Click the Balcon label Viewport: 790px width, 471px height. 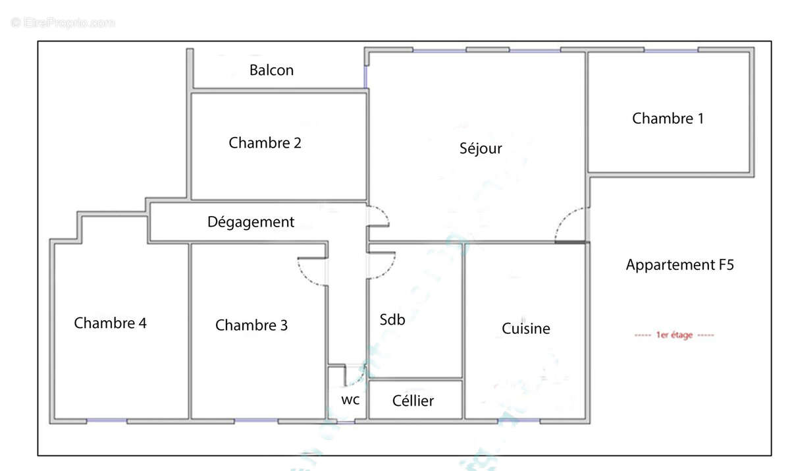[x=271, y=70]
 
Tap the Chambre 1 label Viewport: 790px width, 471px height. [x=668, y=119]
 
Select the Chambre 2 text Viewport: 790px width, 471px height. [x=265, y=142]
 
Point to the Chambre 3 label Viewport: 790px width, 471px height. [x=251, y=325]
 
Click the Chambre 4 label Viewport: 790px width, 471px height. [x=110, y=323]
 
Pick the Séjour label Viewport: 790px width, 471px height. [x=481, y=148]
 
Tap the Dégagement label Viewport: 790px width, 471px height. [x=251, y=222]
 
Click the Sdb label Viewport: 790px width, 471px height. [x=392, y=319]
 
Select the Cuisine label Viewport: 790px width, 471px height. [x=526, y=328]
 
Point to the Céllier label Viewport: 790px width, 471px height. [x=413, y=401]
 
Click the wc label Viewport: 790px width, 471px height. [x=350, y=399]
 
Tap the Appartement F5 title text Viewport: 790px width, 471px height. [x=679, y=265]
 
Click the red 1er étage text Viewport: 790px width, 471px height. [x=673, y=335]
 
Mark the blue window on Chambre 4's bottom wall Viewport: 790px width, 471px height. [x=106, y=420]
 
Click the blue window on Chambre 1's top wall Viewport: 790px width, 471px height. [x=671, y=50]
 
